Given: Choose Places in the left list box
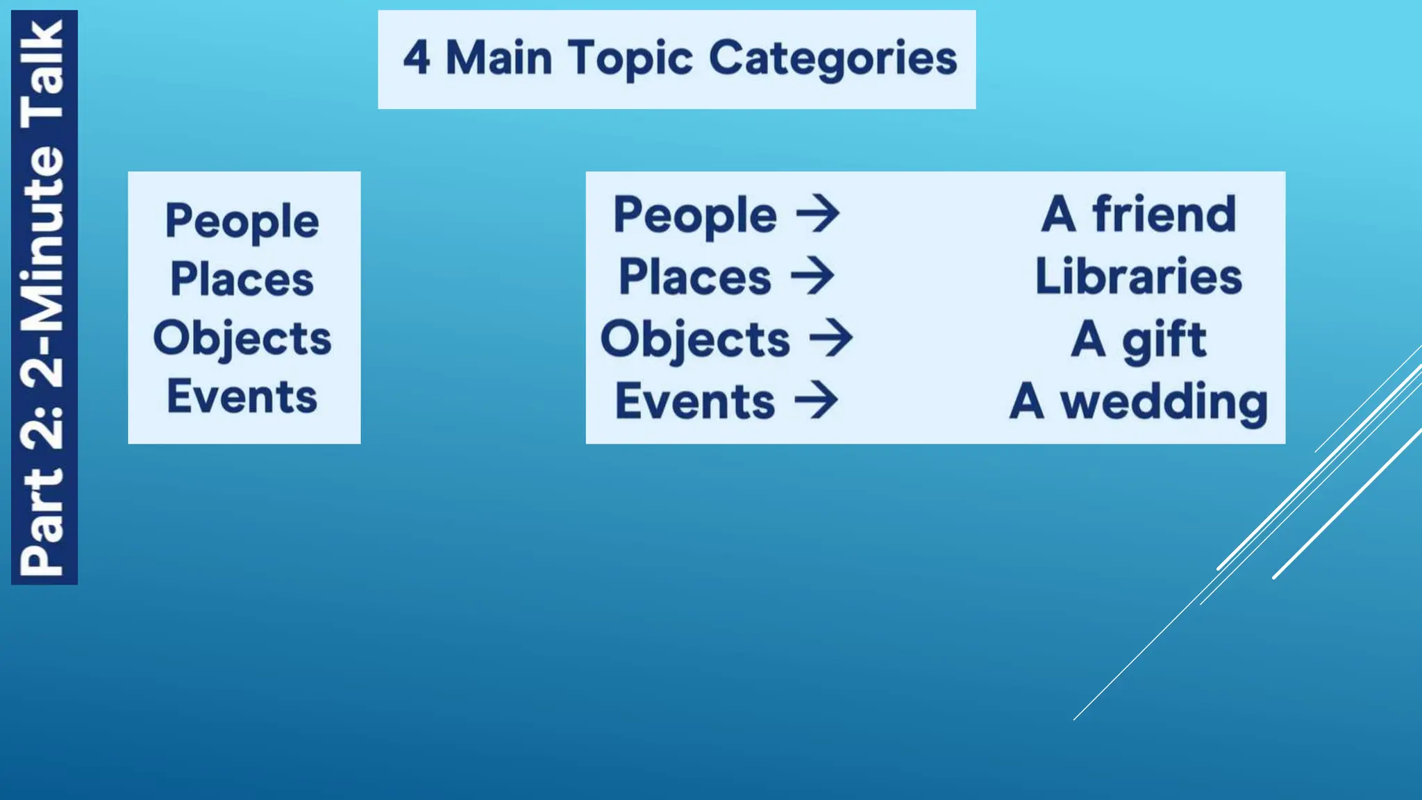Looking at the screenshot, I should click(x=242, y=279).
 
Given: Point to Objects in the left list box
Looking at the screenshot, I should click(x=242, y=339).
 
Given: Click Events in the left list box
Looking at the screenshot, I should click(x=242, y=397).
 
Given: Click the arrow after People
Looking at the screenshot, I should click(x=818, y=214).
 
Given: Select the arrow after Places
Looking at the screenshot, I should click(x=812, y=276).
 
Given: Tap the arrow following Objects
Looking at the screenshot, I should click(x=831, y=338).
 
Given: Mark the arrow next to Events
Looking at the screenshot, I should click(x=817, y=401).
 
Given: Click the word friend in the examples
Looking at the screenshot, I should click(x=1164, y=214).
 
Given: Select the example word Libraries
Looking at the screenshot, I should click(x=1139, y=276).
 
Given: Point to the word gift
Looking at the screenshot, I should click(x=1164, y=340).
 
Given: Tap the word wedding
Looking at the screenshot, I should click(x=1164, y=402).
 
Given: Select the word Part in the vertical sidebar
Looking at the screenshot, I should click(x=43, y=521).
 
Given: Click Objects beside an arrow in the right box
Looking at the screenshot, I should click(x=695, y=340).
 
